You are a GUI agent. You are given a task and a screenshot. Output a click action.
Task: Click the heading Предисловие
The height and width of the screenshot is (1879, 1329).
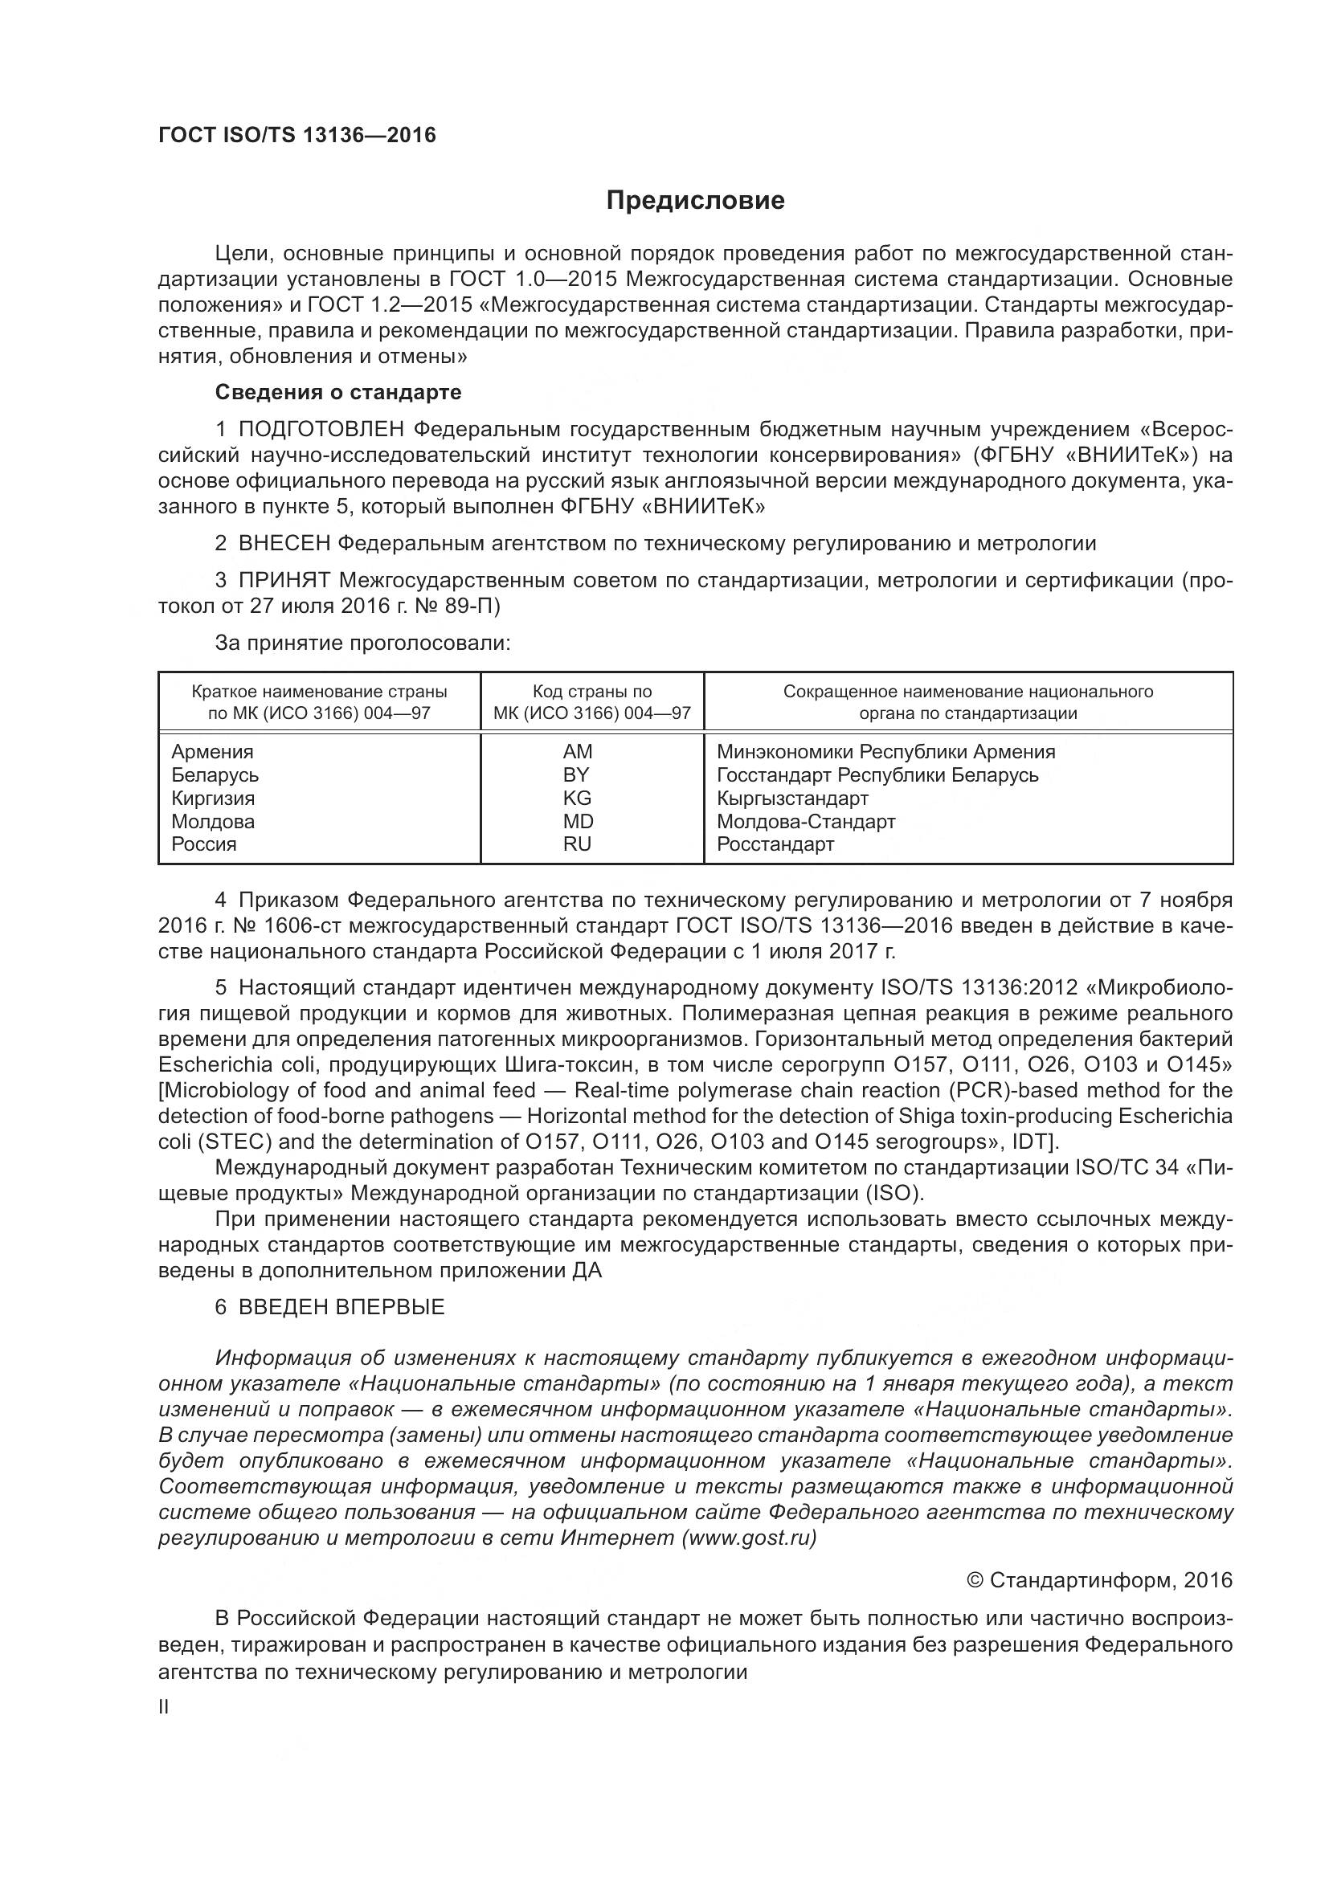(x=695, y=201)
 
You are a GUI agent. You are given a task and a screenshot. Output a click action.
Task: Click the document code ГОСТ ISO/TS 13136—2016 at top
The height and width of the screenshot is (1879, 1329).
(x=297, y=135)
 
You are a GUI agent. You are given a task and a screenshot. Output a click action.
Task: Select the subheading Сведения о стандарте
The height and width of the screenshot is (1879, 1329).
(x=338, y=392)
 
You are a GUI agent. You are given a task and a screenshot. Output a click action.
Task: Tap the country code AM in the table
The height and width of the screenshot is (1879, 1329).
(x=577, y=751)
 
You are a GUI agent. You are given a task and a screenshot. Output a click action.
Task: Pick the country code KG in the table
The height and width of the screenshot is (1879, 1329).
(x=577, y=798)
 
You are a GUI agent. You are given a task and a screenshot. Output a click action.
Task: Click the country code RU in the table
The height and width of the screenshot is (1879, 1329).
(x=577, y=844)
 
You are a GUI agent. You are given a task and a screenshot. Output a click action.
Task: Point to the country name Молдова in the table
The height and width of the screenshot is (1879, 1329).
(x=213, y=821)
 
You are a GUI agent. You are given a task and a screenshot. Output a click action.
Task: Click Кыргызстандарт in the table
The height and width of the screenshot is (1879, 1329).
(x=792, y=798)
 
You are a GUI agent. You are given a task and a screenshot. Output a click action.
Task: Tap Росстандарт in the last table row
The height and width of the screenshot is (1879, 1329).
(x=775, y=844)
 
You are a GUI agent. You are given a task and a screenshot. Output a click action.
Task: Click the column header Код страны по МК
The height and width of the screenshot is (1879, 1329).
(x=591, y=702)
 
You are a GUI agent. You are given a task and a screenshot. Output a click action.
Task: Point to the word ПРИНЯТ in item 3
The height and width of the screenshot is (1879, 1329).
(x=284, y=580)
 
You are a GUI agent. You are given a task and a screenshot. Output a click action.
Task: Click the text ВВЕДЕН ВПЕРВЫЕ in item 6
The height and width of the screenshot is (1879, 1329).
(x=341, y=1307)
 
